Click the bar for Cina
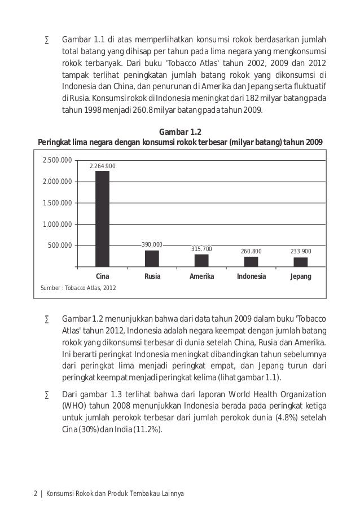point(102,218)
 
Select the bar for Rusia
point(152,258)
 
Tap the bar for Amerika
point(201,260)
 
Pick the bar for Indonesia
point(251,261)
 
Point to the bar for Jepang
point(301,262)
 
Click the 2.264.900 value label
point(103,166)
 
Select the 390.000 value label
point(152,245)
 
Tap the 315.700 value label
point(201,249)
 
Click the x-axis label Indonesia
point(251,277)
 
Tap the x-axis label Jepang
point(301,277)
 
